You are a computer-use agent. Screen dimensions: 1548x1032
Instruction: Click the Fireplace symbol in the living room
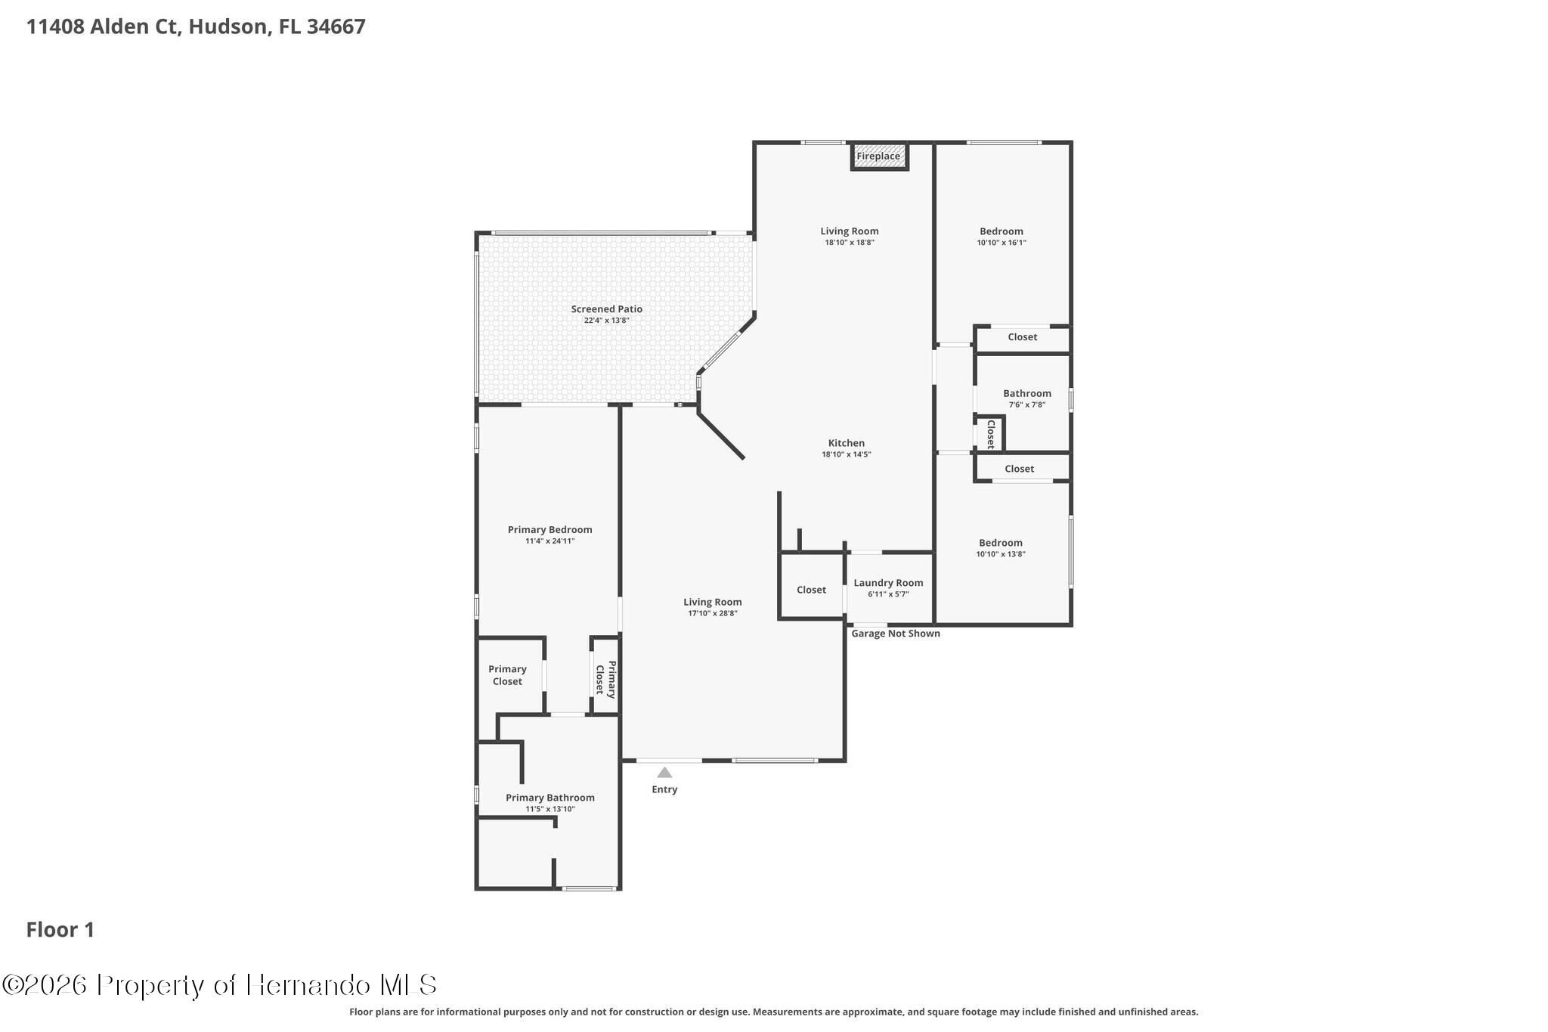[x=879, y=157]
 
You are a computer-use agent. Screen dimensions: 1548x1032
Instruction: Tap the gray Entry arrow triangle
[x=664, y=773]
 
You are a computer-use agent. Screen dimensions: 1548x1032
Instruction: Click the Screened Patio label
[x=607, y=309]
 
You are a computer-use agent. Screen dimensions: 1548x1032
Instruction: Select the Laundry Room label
[x=888, y=583]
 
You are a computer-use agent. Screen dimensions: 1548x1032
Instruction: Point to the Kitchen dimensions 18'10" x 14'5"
[x=847, y=454]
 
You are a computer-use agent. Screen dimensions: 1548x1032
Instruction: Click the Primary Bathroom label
[x=550, y=798]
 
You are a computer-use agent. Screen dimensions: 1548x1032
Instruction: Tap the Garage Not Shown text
[x=896, y=634]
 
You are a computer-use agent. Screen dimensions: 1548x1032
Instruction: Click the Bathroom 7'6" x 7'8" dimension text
[x=1027, y=404]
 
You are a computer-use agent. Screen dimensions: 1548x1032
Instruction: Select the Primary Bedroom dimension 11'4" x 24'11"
[x=550, y=541]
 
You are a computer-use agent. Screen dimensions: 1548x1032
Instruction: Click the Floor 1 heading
[x=60, y=930]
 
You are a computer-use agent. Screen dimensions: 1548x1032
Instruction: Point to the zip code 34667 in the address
[x=336, y=26]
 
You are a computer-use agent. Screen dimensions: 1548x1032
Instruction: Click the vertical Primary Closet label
[x=605, y=679]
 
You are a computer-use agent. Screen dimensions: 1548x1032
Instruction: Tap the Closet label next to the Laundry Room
[x=811, y=590]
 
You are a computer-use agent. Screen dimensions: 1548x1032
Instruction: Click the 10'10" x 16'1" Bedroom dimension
[x=1002, y=243]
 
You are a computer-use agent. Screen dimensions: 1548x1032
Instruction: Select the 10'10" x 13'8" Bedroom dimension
[x=1001, y=554]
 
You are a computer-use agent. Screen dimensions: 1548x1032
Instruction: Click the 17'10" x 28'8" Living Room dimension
[x=713, y=613]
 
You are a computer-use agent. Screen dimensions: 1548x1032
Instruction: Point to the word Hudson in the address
[x=228, y=26]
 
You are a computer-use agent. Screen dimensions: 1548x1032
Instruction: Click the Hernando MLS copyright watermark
[x=219, y=985]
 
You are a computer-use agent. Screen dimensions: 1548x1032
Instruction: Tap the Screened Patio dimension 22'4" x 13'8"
[x=607, y=321]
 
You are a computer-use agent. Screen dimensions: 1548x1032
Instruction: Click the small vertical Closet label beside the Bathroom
[x=990, y=435]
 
